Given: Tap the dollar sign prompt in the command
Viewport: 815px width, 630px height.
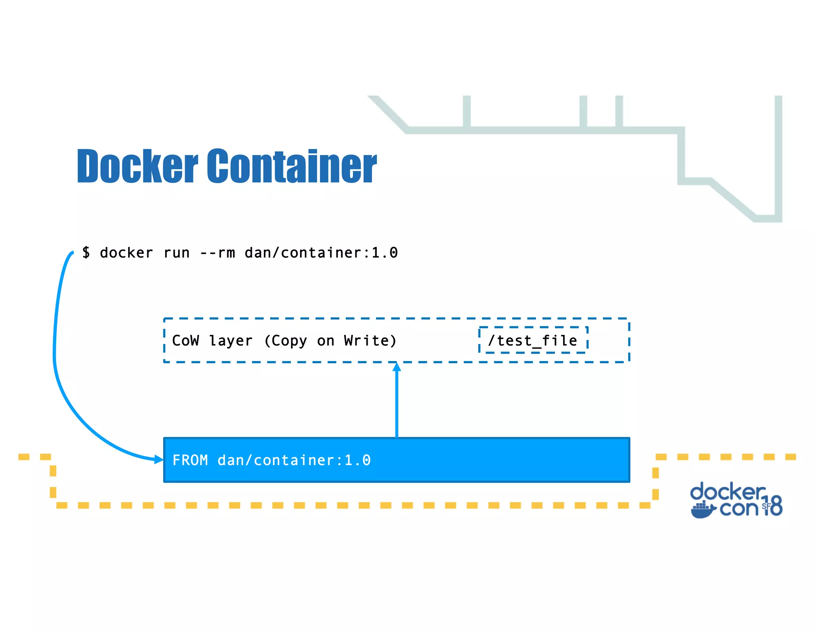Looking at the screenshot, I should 86,252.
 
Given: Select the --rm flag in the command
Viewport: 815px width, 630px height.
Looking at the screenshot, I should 217,253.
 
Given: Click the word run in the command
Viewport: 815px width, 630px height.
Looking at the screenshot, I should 176,253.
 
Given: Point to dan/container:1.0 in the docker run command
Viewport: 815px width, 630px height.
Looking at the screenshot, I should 321,253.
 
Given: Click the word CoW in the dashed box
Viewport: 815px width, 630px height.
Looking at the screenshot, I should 185,340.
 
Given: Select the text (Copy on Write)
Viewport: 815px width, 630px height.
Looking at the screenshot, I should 330,340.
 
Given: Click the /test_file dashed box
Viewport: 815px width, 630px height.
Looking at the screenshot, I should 533,340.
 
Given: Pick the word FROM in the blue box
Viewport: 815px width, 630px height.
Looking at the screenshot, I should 190,460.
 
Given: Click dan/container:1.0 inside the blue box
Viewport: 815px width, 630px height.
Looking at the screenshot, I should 294,460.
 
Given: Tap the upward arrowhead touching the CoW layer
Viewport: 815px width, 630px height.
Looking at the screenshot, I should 396,367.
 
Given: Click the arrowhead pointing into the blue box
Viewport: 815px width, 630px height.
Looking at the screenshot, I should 159,460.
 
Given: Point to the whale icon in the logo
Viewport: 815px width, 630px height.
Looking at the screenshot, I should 703,510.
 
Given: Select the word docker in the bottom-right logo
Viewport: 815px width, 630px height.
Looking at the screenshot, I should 727,492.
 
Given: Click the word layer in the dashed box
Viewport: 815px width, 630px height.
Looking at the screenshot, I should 231,340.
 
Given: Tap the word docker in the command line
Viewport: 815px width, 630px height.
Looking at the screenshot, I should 126,253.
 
